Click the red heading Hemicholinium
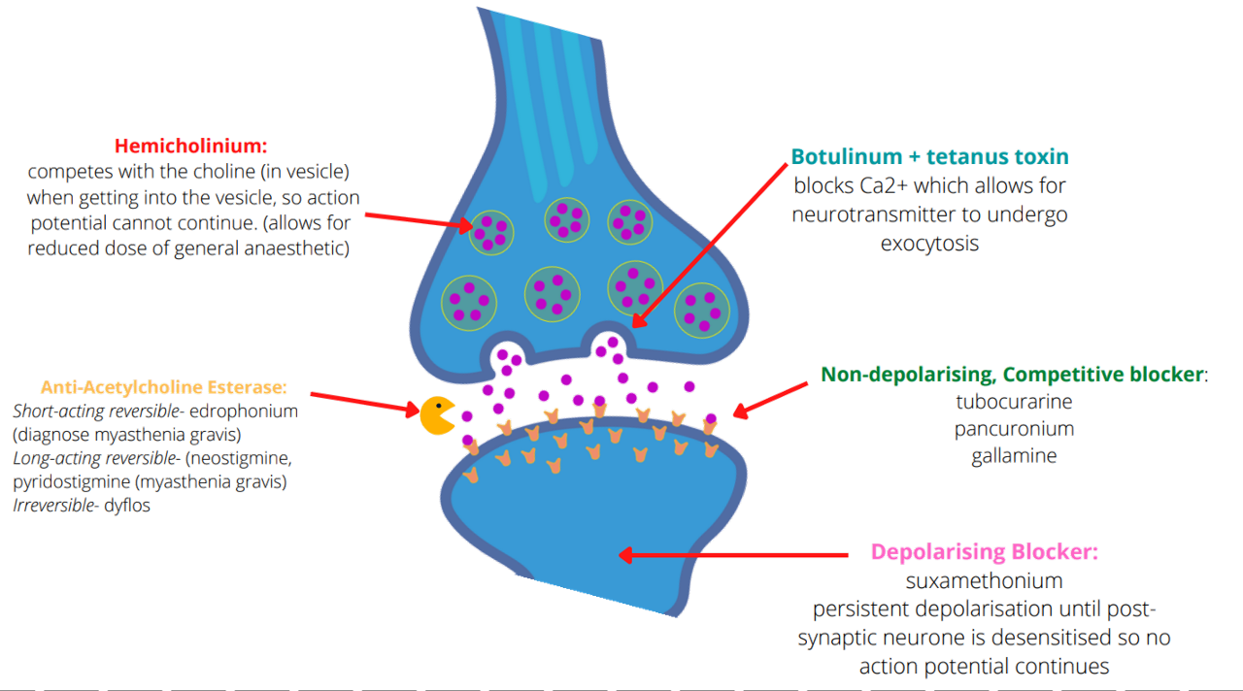[x=189, y=147]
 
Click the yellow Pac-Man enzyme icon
[x=436, y=414]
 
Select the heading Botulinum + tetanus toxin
[x=929, y=156]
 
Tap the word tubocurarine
[x=1014, y=401]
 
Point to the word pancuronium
[x=1013, y=428]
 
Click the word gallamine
[x=1013, y=455]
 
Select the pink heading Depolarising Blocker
[x=984, y=553]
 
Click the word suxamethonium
[x=983, y=581]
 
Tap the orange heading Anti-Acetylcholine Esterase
[x=163, y=386]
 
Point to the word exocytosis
[x=929, y=245]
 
